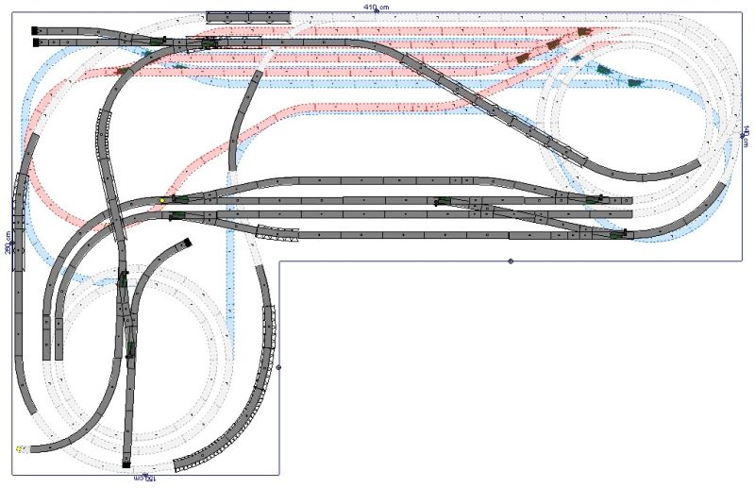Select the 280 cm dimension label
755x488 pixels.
coord(8,244)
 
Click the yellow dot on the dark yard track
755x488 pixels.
coord(161,200)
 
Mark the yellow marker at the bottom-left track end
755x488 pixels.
coord(19,449)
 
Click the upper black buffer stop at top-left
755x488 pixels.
coord(36,30)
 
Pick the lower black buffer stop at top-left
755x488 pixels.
coord(36,42)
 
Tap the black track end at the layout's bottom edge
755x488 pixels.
coord(126,464)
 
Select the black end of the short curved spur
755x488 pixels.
coord(187,243)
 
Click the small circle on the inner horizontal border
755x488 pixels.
coord(511,261)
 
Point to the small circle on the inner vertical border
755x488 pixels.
coord(278,367)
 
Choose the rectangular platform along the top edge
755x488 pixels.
coord(248,16)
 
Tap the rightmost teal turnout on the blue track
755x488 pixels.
coord(634,82)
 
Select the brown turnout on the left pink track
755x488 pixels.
coord(122,71)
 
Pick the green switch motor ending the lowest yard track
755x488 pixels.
coord(617,234)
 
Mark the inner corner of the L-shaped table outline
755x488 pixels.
coord(279,261)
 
